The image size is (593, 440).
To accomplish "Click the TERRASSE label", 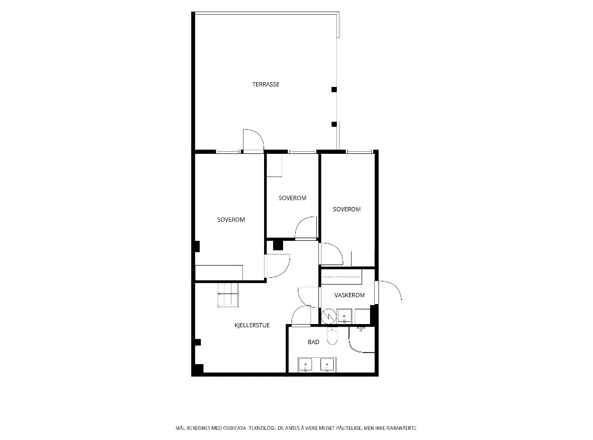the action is [266, 84].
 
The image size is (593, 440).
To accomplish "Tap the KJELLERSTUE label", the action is [252, 325].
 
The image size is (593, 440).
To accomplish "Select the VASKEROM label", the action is [349, 295].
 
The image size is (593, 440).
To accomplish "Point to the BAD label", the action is [314, 342].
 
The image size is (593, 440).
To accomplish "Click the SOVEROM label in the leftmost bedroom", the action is [231, 220].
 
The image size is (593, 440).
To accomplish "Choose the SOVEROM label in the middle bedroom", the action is [293, 198].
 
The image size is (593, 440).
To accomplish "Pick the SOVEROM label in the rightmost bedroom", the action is [347, 209].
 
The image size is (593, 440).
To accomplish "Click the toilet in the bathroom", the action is [332, 336].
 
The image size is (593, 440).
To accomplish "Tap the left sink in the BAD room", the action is [305, 365].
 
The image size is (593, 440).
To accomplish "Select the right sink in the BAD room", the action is [327, 365].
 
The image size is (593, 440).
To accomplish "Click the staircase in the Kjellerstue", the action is [228, 295].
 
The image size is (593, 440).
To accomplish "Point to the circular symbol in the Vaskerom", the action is [328, 316].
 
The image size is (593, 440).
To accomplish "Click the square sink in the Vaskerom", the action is [345, 316].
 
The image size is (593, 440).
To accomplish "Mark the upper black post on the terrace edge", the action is [334, 90].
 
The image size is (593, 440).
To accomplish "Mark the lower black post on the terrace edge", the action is [334, 124].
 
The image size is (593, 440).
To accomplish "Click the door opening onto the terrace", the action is [253, 141].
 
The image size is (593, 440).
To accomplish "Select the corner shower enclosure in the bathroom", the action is [362, 339].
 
